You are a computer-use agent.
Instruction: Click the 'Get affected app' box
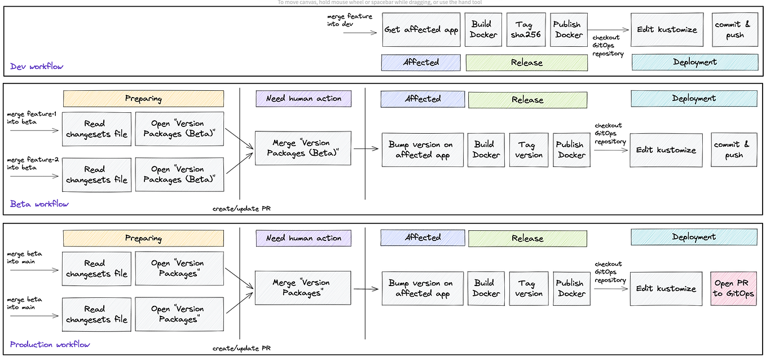[421, 30]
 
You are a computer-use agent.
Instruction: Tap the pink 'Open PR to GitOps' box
[733, 288]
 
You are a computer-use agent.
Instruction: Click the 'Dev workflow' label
[37, 67]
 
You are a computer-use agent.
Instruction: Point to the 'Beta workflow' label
[39, 204]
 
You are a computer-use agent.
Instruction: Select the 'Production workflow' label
[50, 344]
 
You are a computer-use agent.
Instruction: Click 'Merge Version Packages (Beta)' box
[302, 148]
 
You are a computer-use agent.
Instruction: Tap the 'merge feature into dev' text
[350, 20]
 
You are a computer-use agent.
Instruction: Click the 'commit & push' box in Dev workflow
[733, 30]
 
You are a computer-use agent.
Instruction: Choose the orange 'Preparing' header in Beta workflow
[143, 99]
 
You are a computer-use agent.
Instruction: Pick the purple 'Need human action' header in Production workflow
[303, 238]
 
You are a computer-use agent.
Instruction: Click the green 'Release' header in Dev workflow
[526, 63]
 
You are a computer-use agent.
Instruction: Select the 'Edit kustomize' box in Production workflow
[666, 288]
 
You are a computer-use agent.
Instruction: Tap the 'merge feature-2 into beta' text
[32, 164]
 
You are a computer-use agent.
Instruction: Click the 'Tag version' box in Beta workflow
[529, 150]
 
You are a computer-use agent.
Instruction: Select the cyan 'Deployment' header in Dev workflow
[694, 62]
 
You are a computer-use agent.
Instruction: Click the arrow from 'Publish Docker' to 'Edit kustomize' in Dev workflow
[609, 30]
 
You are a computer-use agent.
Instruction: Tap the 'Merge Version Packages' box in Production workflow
[302, 288]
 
